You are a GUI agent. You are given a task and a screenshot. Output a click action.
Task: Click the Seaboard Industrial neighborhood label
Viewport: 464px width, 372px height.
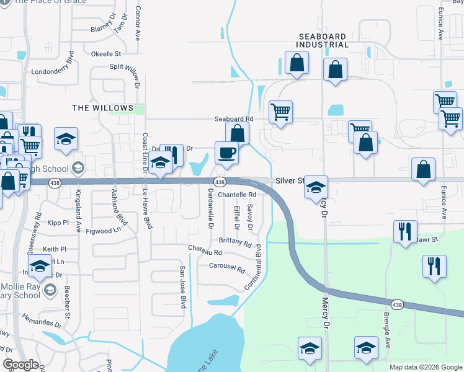(323, 40)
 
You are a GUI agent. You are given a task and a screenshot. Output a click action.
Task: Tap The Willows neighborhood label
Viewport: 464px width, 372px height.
(102, 108)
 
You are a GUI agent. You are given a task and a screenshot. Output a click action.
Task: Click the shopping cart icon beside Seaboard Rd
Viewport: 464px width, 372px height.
(280, 112)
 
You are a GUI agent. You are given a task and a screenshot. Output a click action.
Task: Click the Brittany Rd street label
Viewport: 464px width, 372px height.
(235, 242)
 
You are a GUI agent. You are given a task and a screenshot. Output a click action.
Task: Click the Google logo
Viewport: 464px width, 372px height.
(21, 365)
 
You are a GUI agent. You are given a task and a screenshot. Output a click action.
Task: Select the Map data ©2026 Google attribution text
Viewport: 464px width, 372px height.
(426, 367)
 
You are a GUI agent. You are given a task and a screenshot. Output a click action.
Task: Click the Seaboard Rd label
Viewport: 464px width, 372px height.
(234, 118)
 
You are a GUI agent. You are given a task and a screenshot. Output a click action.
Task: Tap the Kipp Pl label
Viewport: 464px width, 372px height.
(61, 221)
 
